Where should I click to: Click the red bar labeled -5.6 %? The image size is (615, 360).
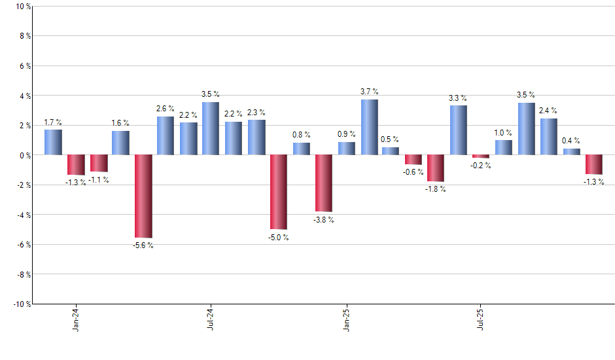[143, 196]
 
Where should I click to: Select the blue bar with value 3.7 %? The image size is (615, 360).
[369, 127]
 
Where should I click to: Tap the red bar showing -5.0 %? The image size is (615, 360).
[279, 192]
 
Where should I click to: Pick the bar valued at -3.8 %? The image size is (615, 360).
[324, 183]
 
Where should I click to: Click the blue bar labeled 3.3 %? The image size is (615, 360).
[459, 130]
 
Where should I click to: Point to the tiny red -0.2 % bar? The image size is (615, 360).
[481, 156]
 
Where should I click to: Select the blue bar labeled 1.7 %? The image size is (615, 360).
[53, 142]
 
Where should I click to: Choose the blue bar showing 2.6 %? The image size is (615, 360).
[166, 135]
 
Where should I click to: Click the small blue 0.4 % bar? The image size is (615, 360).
[571, 152]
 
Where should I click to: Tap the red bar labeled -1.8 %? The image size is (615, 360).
[436, 168]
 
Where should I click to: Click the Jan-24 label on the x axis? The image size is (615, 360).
[77, 318]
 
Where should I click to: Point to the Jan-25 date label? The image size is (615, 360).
[346, 318]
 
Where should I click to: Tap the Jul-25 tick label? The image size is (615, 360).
[481, 318]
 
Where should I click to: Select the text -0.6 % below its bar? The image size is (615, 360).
[413, 172]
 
